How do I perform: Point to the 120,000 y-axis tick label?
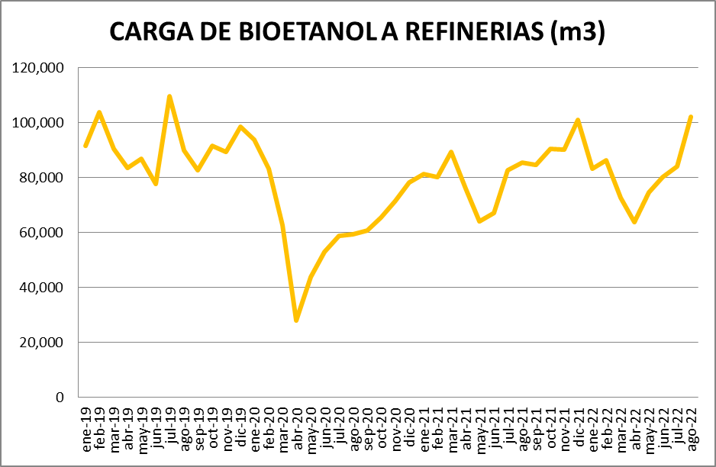(x=39, y=68)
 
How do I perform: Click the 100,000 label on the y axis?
(x=39, y=123)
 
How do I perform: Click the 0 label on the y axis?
(x=60, y=398)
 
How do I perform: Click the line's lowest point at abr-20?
(x=296, y=320)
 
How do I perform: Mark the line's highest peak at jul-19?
(x=169, y=96)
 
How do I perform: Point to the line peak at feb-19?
(x=99, y=112)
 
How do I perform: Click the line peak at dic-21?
(x=578, y=120)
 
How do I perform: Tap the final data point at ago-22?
(x=690, y=117)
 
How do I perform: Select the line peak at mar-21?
(x=451, y=152)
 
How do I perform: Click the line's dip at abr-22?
(x=634, y=222)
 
